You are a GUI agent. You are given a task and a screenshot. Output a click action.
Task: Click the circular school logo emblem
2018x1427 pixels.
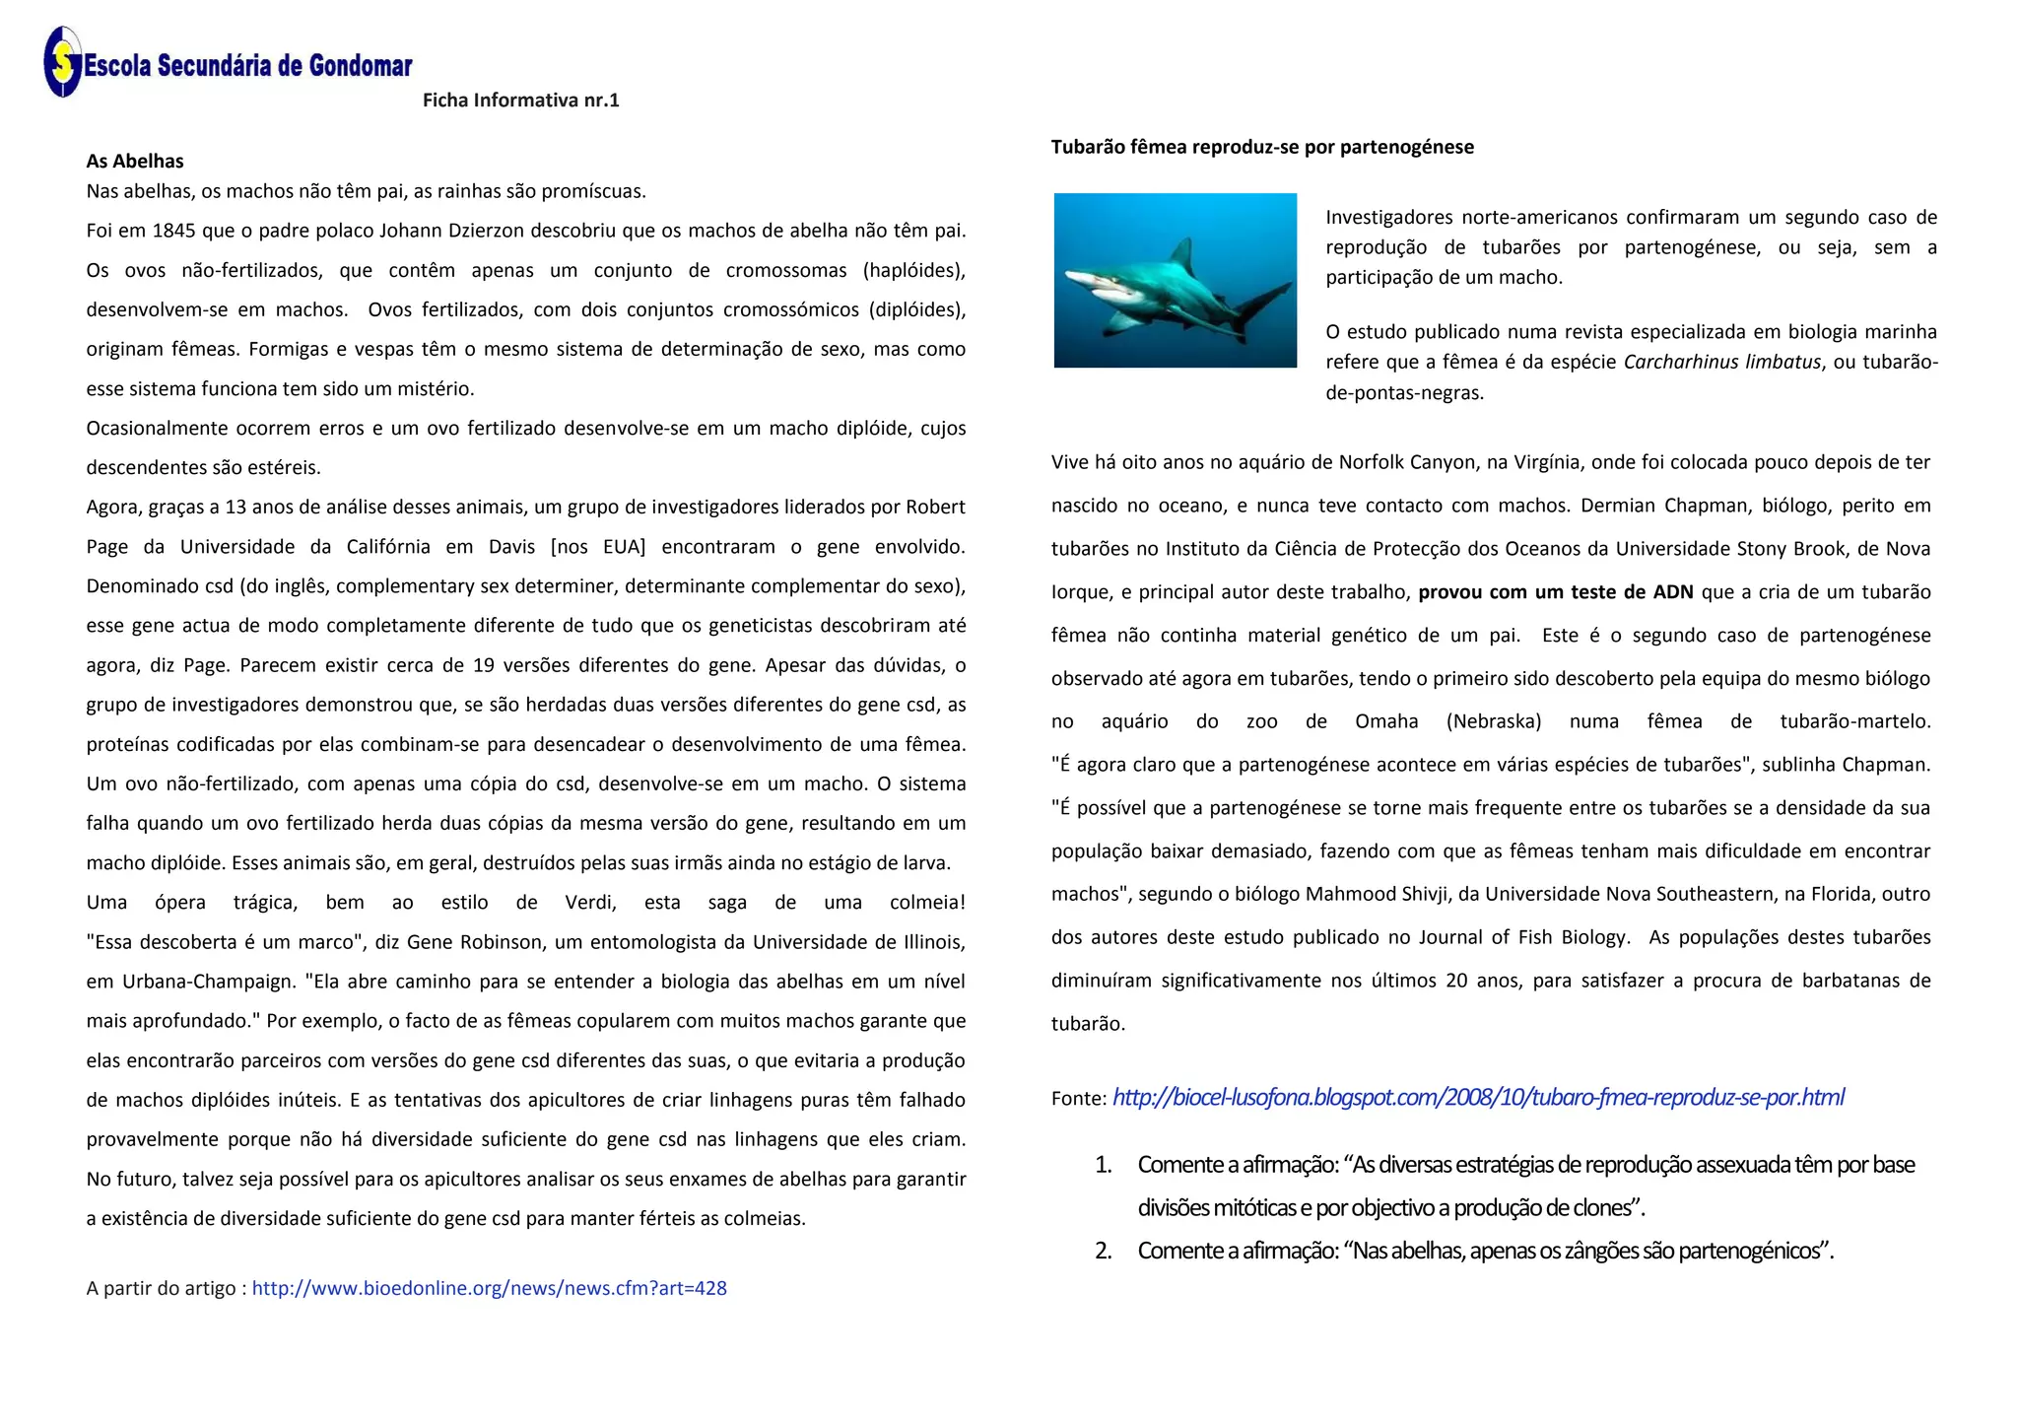pos(62,62)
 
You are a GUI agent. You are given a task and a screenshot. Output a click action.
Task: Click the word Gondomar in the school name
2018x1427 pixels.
pos(360,66)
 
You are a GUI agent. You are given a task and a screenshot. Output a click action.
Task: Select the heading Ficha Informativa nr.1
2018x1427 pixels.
pos(520,100)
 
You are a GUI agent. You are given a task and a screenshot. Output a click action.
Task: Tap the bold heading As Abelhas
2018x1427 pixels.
pos(135,161)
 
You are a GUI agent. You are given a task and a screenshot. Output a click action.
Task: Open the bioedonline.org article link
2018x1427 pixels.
pos(489,1288)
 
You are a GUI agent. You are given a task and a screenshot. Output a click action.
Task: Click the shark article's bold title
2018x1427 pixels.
pos(1262,147)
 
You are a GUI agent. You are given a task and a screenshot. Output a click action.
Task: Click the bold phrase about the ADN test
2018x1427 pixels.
pos(1556,592)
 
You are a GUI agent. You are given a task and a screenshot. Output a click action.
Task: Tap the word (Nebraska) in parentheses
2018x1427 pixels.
pos(1493,721)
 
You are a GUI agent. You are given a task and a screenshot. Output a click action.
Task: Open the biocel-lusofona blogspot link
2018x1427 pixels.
pos(1478,1098)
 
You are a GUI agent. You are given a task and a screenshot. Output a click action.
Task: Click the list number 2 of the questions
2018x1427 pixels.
pos(1104,1251)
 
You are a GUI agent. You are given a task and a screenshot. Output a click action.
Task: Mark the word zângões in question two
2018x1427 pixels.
pos(1601,1251)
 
